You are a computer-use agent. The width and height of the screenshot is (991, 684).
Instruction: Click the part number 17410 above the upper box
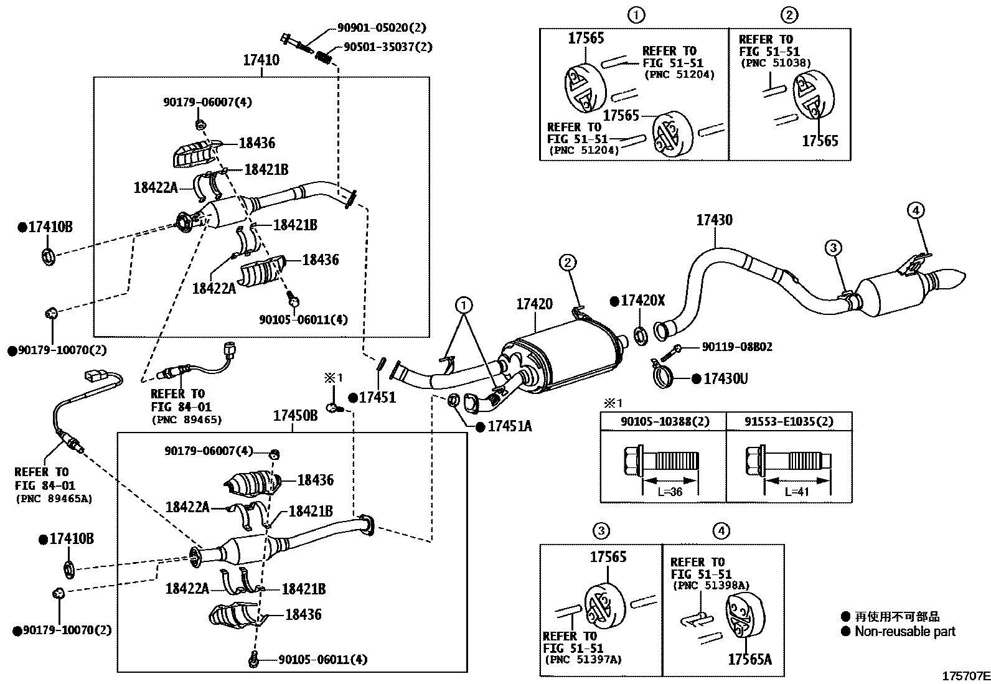click(x=261, y=60)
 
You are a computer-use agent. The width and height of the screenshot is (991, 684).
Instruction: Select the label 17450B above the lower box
click(x=296, y=416)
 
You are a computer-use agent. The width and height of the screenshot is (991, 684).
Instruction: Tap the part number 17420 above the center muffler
click(x=534, y=304)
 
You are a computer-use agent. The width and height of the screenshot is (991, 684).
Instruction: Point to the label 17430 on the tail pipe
click(x=714, y=220)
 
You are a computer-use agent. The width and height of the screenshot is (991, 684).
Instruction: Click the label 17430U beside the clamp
click(x=725, y=378)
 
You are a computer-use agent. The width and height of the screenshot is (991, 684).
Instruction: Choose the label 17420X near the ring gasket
click(x=643, y=301)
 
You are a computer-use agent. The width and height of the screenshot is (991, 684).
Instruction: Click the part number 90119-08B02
click(x=737, y=347)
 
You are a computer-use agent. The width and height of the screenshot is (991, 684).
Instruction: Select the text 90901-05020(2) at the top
click(x=382, y=28)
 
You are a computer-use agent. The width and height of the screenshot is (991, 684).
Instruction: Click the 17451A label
click(x=509, y=426)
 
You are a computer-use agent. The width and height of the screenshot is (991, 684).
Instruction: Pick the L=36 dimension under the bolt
click(x=669, y=491)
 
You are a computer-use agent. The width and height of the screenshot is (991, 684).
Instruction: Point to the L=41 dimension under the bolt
click(x=796, y=491)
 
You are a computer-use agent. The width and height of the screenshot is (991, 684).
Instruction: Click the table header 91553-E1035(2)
click(x=789, y=421)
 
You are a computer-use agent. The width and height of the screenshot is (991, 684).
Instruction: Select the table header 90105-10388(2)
click(x=664, y=421)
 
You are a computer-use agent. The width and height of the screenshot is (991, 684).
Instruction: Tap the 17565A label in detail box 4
click(x=749, y=659)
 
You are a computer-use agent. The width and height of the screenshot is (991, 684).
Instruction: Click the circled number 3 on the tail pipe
click(x=833, y=248)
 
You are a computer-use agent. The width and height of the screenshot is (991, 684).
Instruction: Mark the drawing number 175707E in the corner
click(x=965, y=676)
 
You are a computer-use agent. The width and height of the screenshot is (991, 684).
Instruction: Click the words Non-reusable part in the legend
click(x=904, y=632)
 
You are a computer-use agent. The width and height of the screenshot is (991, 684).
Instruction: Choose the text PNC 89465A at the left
click(x=53, y=499)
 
